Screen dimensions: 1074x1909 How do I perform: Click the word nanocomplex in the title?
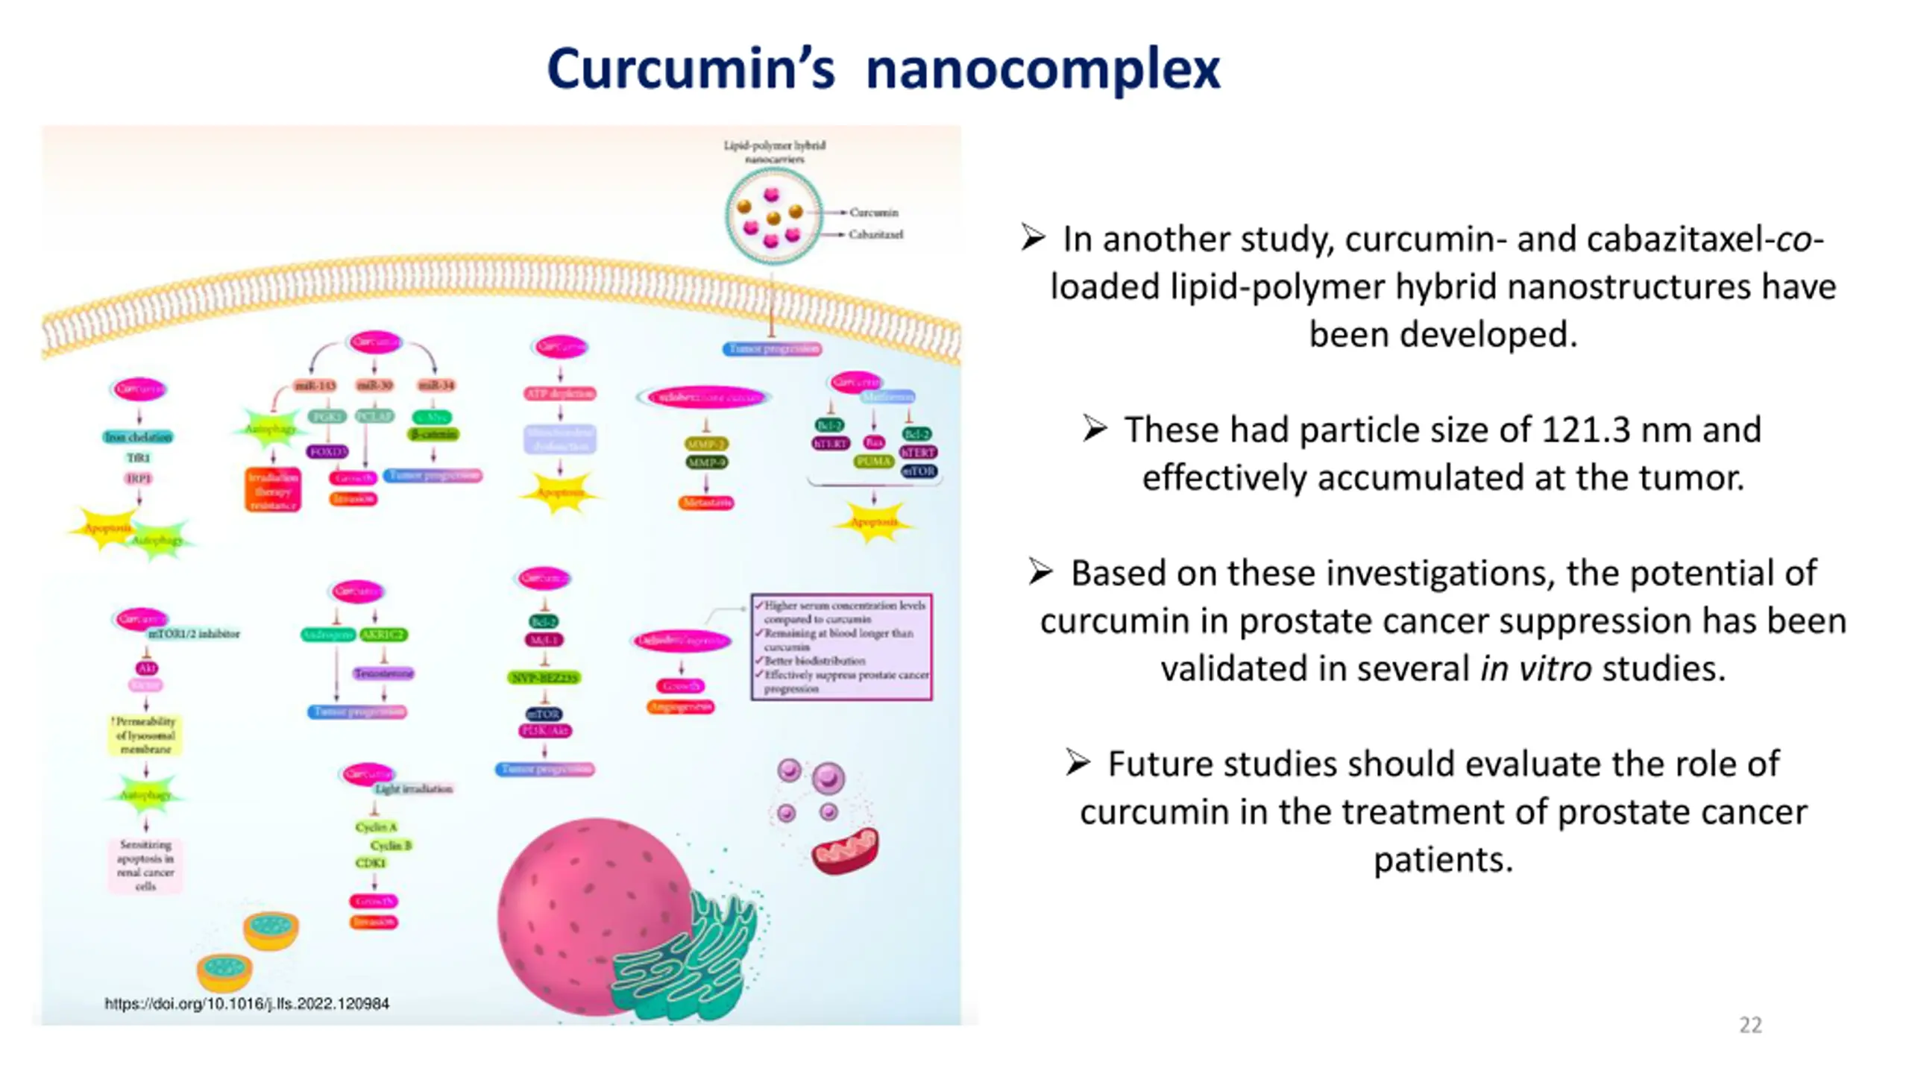1042,69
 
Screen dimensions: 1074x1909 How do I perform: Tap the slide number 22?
1750,1025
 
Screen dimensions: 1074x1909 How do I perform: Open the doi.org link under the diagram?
247,1004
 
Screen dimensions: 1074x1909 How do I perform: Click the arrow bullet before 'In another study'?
1033,238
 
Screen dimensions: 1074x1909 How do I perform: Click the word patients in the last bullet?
1443,859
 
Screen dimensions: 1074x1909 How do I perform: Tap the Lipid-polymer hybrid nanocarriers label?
774,151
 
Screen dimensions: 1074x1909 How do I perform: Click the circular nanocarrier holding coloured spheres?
773,216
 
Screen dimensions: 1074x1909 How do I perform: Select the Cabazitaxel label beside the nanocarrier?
875,234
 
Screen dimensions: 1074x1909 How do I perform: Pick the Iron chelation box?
138,437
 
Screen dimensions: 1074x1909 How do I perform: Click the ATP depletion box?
560,393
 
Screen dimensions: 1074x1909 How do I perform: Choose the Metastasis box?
705,503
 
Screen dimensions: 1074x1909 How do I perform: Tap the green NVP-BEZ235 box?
544,678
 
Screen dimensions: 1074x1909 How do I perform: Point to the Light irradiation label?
414,788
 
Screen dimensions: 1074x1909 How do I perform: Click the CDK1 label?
371,863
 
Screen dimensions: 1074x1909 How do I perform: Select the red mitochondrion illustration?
845,852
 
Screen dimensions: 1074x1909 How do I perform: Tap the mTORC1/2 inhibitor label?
194,634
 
